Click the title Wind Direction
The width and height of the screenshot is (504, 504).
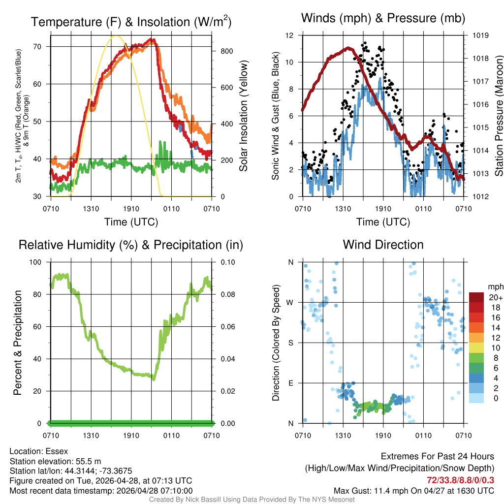(383, 245)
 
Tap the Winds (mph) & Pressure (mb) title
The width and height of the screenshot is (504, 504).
(383, 19)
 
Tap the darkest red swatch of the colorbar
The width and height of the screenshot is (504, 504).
(476, 297)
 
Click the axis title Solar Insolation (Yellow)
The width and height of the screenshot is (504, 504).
(243, 116)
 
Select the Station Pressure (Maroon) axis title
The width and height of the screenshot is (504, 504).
(499, 116)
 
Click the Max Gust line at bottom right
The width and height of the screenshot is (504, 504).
(413, 491)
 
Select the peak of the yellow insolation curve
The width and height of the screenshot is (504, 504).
(116, 36)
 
